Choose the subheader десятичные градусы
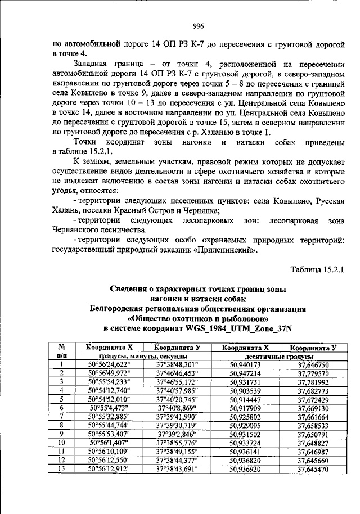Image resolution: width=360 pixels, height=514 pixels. (278, 356)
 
